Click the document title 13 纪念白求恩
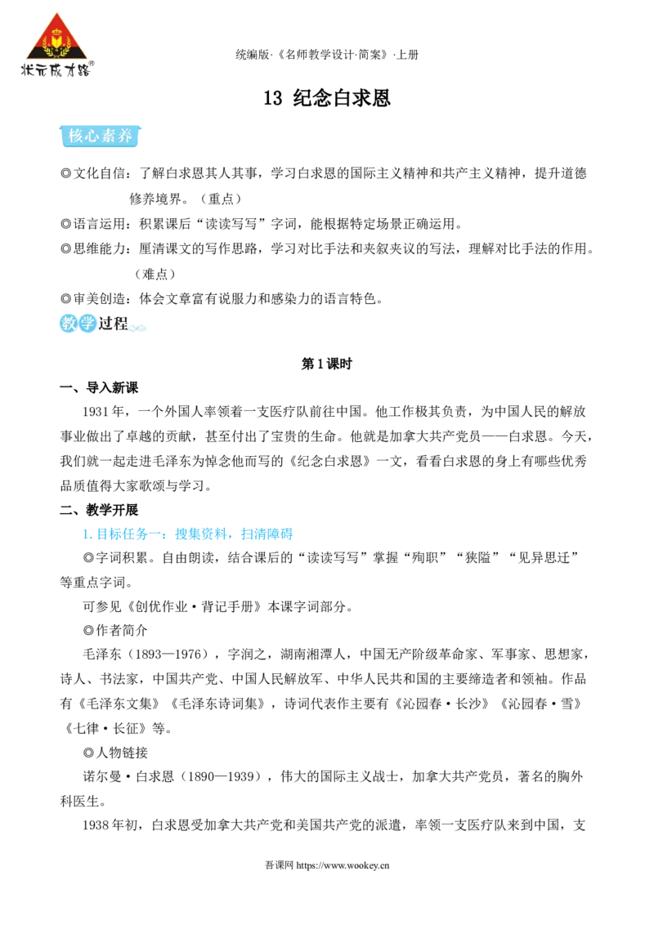coord(327,98)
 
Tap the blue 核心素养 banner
coord(101,136)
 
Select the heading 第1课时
coord(326,364)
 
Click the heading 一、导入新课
coord(99,387)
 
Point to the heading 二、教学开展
coord(99,510)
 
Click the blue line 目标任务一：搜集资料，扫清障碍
coord(188,534)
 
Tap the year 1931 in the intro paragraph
coord(96,411)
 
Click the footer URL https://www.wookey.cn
coord(343,865)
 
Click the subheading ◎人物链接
coord(115,753)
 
